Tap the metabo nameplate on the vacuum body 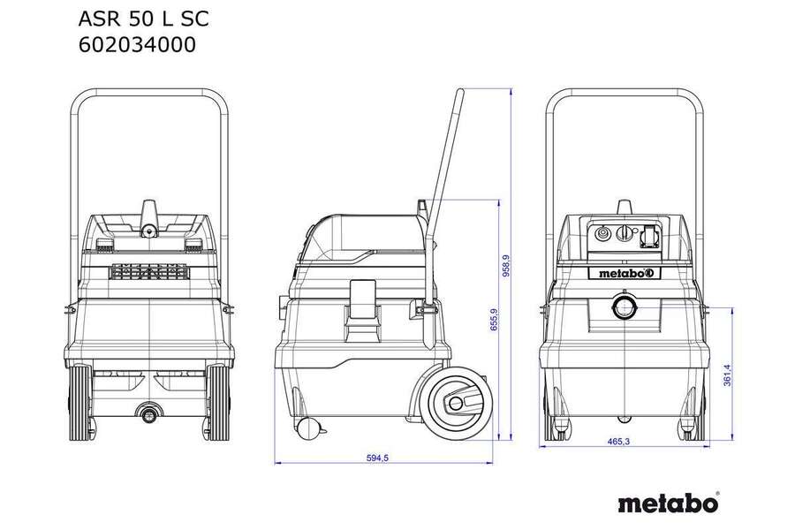pos(625,272)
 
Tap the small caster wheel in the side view pos(307,429)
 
